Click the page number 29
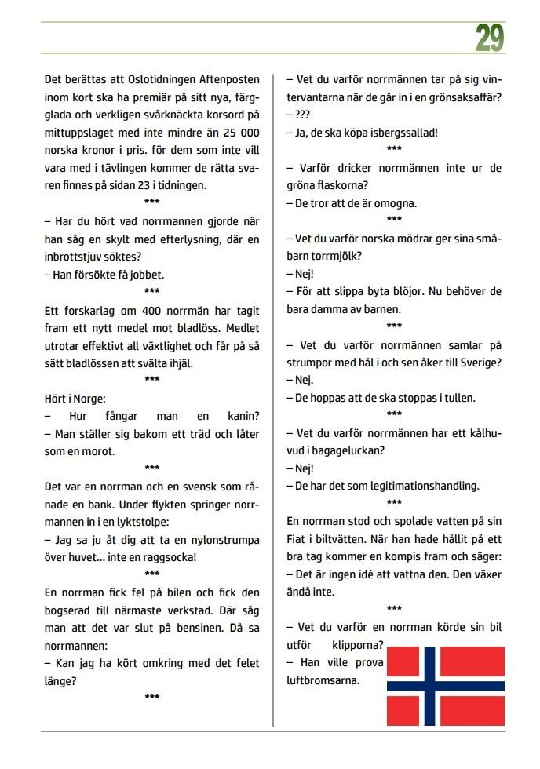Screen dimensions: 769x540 pyautogui.click(x=489, y=38)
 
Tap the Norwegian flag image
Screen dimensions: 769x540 pyautogui.click(x=445, y=686)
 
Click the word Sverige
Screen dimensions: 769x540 pyautogui.click(x=479, y=362)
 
